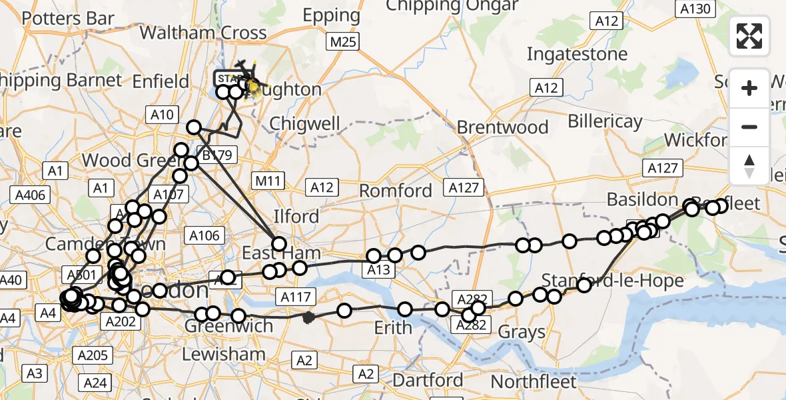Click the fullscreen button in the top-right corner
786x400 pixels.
coord(749,36)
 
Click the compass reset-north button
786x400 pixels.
coord(749,166)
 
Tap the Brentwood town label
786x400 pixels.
coord(503,127)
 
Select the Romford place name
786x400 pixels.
coord(396,191)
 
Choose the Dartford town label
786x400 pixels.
coord(427,381)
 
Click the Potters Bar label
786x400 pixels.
coord(68,18)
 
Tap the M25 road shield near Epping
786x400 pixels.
coord(343,43)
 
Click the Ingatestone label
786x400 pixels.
coord(577,53)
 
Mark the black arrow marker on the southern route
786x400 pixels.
coord(308,318)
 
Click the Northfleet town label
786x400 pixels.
coord(534,382)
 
